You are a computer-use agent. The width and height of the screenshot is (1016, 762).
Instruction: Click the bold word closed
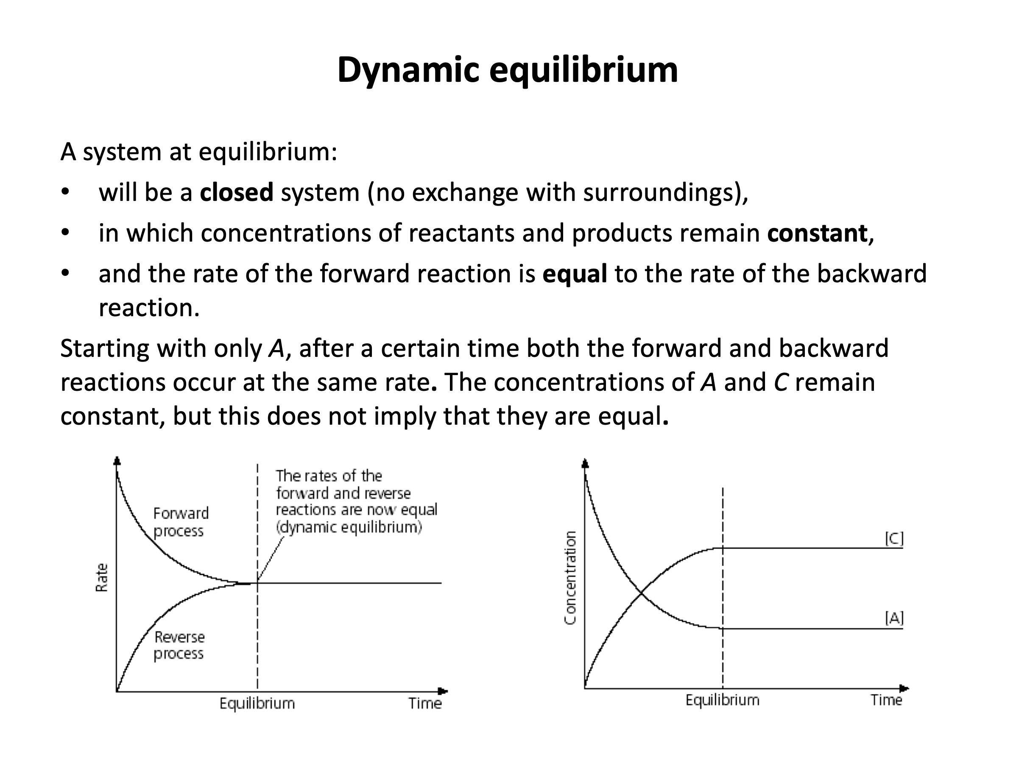point(237,192)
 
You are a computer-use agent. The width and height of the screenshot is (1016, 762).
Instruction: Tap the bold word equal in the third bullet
point(575,275)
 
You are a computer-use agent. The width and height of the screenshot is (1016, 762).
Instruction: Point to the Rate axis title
point(101,578)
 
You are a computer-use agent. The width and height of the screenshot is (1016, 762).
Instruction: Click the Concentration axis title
point(569,578)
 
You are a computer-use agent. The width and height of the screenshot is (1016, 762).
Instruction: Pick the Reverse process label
point(179,645)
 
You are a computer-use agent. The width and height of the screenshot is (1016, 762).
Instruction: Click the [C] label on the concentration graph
point(894,539)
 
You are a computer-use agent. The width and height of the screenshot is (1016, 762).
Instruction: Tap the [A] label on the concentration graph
point(894,618)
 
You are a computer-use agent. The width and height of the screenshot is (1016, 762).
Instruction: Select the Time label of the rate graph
point(425,704)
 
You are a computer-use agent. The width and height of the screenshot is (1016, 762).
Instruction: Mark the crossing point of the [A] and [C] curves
point(641,596)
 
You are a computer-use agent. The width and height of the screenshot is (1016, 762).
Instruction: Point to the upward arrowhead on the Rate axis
point(117,461)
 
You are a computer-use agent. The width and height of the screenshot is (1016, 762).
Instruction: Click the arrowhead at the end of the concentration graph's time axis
point(904,689)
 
